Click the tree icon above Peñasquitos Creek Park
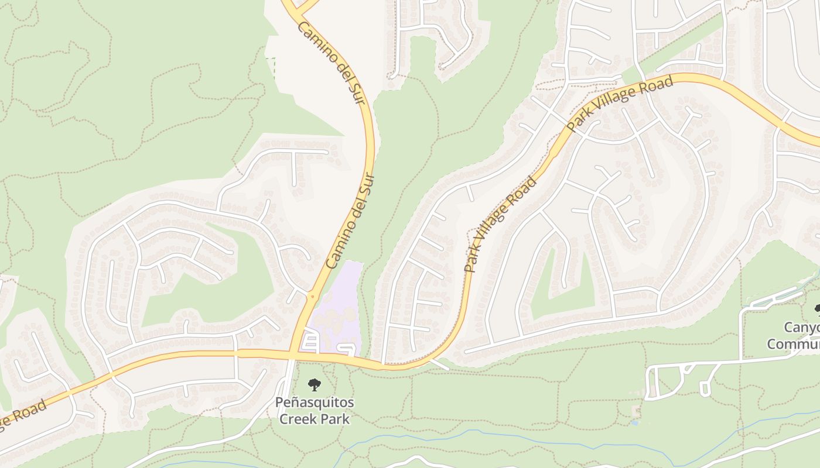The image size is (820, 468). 315,384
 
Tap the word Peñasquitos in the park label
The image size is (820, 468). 315,403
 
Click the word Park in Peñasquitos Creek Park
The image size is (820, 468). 336,419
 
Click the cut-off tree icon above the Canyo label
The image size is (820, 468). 816,308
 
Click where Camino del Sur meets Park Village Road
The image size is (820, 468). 291,354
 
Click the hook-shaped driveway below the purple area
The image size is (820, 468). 347,349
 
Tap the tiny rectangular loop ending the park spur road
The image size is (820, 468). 705,388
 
